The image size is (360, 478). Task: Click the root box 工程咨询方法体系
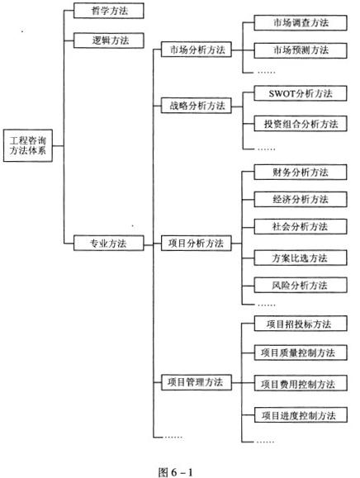tap(28, 145)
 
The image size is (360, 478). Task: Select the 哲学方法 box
tap(108, 11)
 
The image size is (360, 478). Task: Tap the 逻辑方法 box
tap(108, 40)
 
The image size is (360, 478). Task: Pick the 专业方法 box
tap(108, 244)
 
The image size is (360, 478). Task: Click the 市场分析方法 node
tap(197, 50)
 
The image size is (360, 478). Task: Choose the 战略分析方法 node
tap(197, 106)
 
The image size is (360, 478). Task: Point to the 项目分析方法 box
tap(197, 244)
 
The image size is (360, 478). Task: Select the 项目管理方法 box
tap(197, 382)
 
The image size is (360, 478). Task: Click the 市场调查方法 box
tap(301, 22)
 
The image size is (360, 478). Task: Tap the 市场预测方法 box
tap(301, 50)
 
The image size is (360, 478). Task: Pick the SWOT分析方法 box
tap(301, 93)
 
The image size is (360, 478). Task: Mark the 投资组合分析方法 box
tap(301, 124)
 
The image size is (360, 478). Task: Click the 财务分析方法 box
tap(301, 173)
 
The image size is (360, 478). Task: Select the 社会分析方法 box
tap(301, 226)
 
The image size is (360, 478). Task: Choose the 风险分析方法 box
tap(301, 285)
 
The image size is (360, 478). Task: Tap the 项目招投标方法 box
tap(301, 324)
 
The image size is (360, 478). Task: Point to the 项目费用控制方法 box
tap(301, 383)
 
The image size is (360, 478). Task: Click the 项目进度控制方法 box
tap(301, 415)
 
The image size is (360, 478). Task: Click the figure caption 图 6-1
tap(176, 472)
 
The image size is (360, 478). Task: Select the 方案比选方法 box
tap(301, 258)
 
